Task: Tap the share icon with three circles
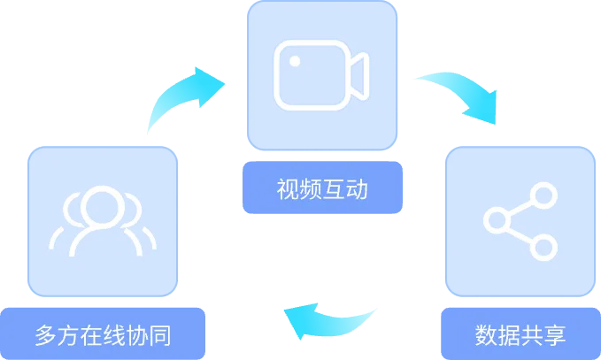click(520, 219)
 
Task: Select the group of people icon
click(103, 220)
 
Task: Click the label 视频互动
click(321, 189)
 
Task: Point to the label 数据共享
click(520, 335)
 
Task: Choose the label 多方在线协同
click(103, 335)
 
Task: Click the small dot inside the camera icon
click(296, 60)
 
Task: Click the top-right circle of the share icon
click(542, 195)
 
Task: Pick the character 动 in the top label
click(356, 189)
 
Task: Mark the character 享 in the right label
click(554, 335)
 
